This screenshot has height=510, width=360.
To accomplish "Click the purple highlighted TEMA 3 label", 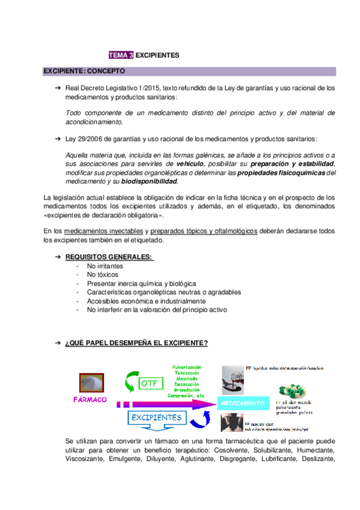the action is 121,55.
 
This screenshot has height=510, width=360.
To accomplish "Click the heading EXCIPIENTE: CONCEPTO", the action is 84,71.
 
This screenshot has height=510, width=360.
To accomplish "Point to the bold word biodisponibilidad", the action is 150,181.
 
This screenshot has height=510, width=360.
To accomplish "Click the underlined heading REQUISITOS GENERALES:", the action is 109,257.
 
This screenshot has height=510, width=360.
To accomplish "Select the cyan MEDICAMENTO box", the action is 242,402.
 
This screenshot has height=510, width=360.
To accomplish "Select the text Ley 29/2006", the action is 85,139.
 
